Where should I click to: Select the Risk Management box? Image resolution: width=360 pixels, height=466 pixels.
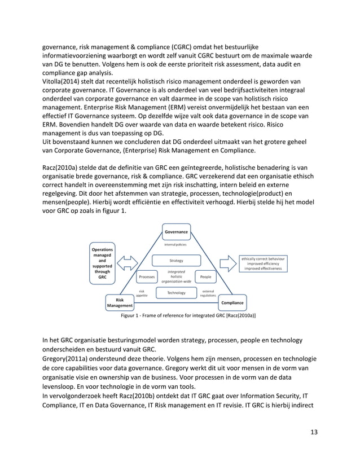(120, 303)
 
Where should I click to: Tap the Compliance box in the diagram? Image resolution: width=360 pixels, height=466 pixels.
(232, 302)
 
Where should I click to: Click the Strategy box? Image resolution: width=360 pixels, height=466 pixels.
(176, 261)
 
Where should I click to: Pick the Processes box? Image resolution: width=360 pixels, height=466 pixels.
(147, 277)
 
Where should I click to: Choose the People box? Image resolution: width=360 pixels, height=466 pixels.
(205, 277)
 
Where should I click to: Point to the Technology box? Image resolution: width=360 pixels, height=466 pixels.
(176, 293)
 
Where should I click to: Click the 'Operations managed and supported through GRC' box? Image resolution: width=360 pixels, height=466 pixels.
(102, 263)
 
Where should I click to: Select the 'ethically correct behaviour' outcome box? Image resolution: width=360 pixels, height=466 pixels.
(264, 263)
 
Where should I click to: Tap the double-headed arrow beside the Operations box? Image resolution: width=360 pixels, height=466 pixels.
(127, 263)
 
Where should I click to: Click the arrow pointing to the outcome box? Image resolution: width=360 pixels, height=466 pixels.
(227, 263)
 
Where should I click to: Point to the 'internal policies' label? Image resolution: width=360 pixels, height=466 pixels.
(175, 245)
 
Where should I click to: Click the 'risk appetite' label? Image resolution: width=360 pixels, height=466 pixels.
(143, 293)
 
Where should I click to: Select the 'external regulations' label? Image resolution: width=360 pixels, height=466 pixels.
(208, 293)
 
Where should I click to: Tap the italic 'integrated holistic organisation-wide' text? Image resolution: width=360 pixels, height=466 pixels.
(176, 276)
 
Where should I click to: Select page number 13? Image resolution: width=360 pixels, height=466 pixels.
(313, 432)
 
